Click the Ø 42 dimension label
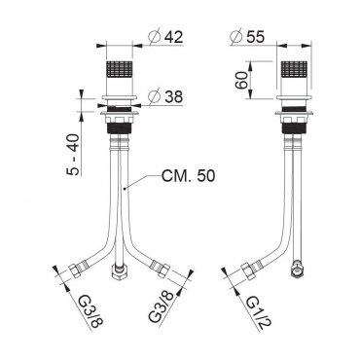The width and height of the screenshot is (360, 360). coord(165,37)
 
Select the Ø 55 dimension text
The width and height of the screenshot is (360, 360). coord(247,37)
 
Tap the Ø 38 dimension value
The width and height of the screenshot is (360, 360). coord(165,96)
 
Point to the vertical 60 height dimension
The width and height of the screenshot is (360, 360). coord(241,81)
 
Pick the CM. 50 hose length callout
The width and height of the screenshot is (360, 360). coord(189,176)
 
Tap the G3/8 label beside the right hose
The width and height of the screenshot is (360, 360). coord(162,306)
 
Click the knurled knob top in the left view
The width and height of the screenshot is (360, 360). coord(120,69)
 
